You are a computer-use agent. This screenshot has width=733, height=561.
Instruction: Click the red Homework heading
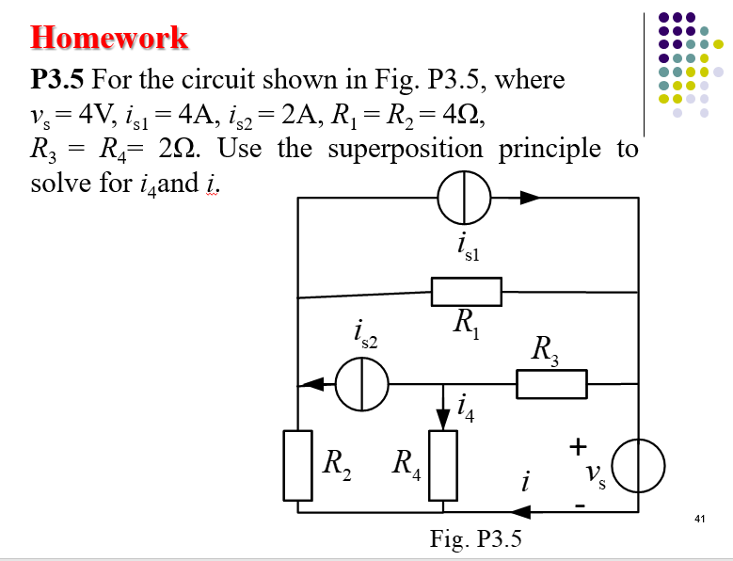tap(109, 38)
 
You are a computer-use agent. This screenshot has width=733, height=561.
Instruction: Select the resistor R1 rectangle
tap(467, 292)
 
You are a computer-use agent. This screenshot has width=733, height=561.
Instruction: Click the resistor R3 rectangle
tap(551, 384)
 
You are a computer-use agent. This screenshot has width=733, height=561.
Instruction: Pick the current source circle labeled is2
tap(363, 384)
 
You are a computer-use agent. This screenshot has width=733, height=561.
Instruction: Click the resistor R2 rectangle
tap(298, 465)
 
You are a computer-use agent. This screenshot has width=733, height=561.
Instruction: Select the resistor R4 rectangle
tap(442, 465)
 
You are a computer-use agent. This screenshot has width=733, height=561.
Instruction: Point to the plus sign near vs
tap(580, 442)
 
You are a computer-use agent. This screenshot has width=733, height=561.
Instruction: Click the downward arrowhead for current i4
tap(442, 417)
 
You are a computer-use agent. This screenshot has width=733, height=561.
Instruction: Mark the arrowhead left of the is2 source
tap(311, 384)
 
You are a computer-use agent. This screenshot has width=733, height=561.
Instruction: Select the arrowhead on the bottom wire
tap(519, 512)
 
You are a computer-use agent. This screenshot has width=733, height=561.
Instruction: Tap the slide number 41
tap(698, 519)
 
